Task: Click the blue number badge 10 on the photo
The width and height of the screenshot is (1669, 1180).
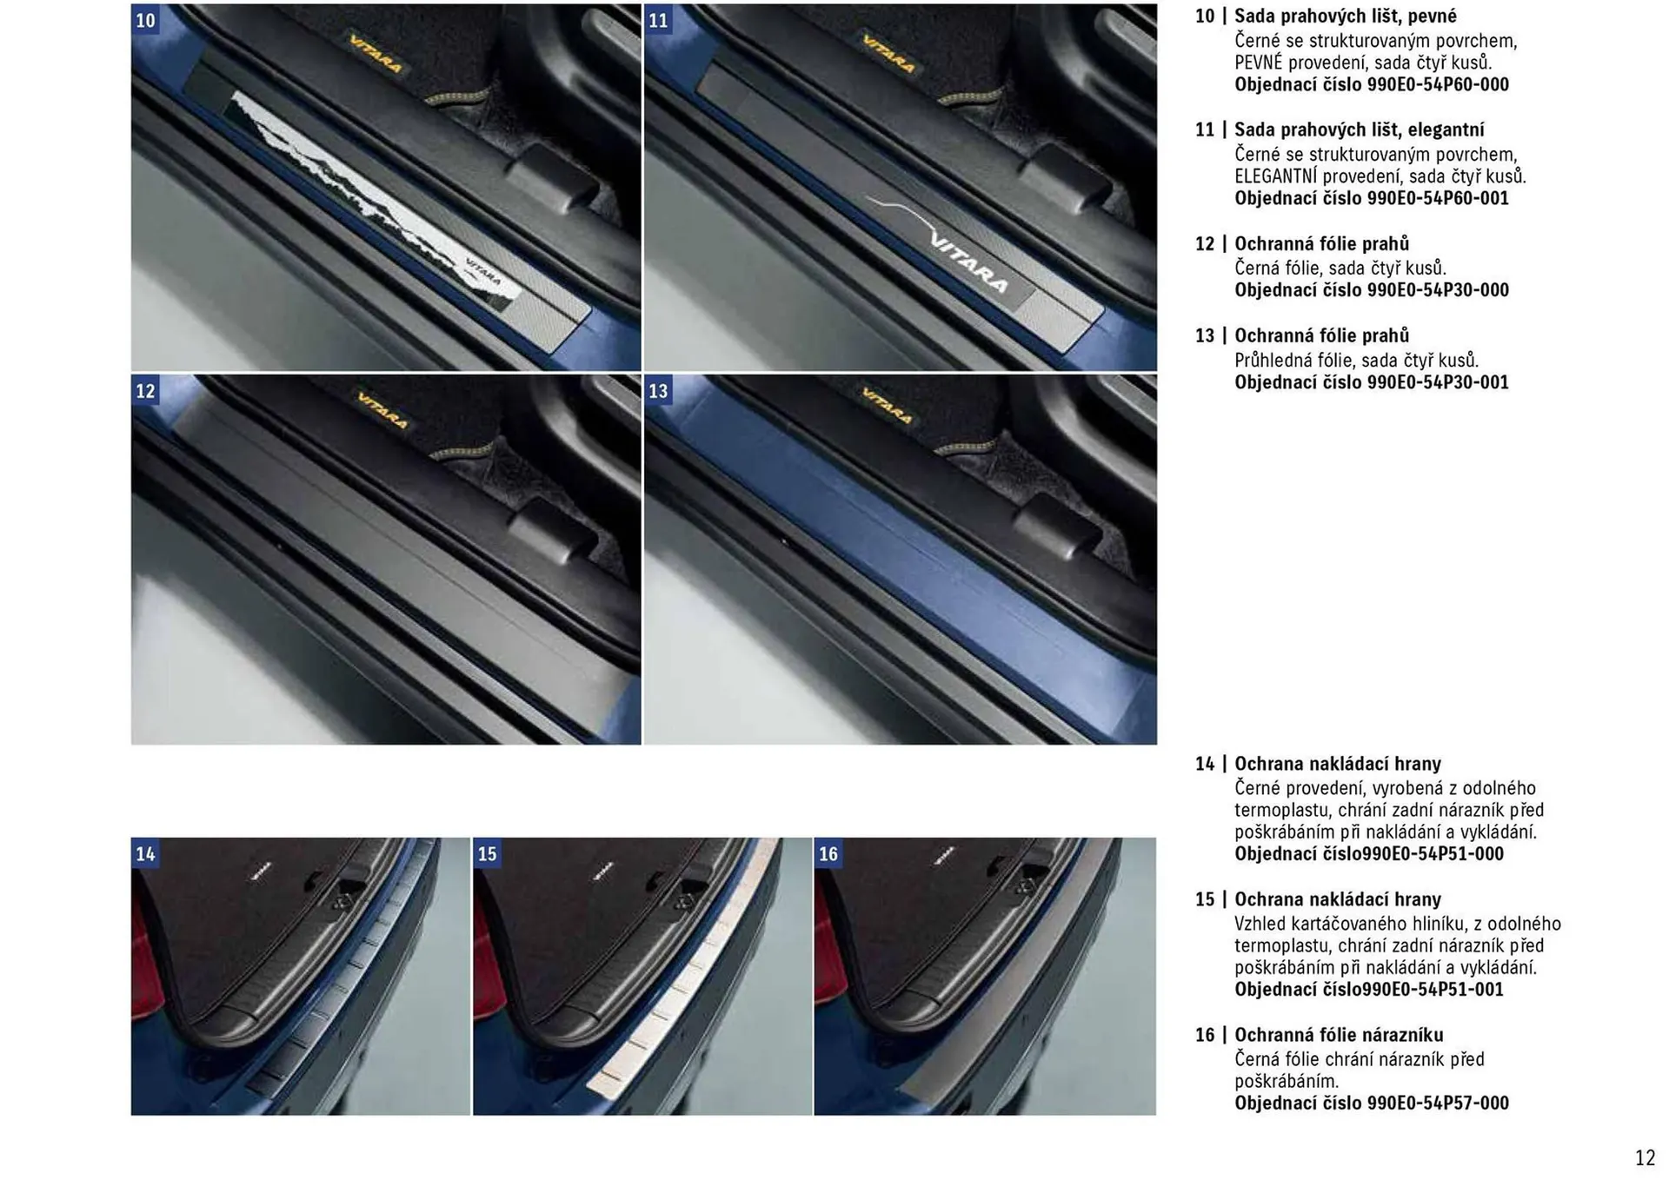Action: [x=145, y=20]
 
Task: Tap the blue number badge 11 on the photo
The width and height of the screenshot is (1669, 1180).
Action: [x=658, y=20]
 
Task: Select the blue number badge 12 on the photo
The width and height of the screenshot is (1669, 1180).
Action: [x=145, y=391]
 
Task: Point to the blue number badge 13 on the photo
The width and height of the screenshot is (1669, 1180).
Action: [x=658, y=391]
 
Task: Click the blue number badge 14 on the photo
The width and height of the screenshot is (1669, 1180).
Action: [x=145, y=854]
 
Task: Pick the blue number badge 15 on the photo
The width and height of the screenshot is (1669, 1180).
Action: [x=487, y=854]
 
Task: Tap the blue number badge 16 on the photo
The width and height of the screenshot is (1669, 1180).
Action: [x=828, y=854]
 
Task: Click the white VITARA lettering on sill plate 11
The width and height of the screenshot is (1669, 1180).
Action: [x=969, y=263]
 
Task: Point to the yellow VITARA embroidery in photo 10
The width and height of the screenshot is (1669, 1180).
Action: [x=376, y=54]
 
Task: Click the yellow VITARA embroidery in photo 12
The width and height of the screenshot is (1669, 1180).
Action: [x=382, y=409]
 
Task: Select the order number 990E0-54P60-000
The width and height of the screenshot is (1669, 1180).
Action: [x=1438, y=85]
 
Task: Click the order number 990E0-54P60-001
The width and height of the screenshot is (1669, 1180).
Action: [x=1438, y=199]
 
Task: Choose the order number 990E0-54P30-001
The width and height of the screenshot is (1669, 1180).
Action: [x=1438, y=383]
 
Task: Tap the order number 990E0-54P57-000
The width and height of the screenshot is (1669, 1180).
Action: [x=1438, y=1104]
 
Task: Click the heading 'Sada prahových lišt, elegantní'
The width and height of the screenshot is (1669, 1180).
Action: [x=1359, y=130]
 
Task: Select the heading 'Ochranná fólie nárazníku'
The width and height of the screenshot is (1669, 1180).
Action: [x=1339, y=1035]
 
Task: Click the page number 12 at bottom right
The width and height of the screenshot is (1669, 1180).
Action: [x=1645, y=1158]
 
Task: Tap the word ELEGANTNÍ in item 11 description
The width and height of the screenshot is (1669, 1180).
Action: [x=1276, y=176]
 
